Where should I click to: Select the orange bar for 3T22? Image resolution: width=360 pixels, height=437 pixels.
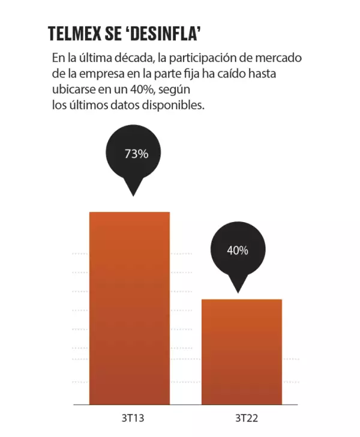pos(241,351)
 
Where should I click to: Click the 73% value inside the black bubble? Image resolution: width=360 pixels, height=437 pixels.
pos(136,154)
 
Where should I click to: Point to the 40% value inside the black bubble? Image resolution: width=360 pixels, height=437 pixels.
pos(237,251)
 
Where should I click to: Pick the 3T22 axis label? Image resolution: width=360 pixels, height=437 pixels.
pos(241,417)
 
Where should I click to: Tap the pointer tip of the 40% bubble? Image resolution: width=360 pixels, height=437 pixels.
pos(238,292)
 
